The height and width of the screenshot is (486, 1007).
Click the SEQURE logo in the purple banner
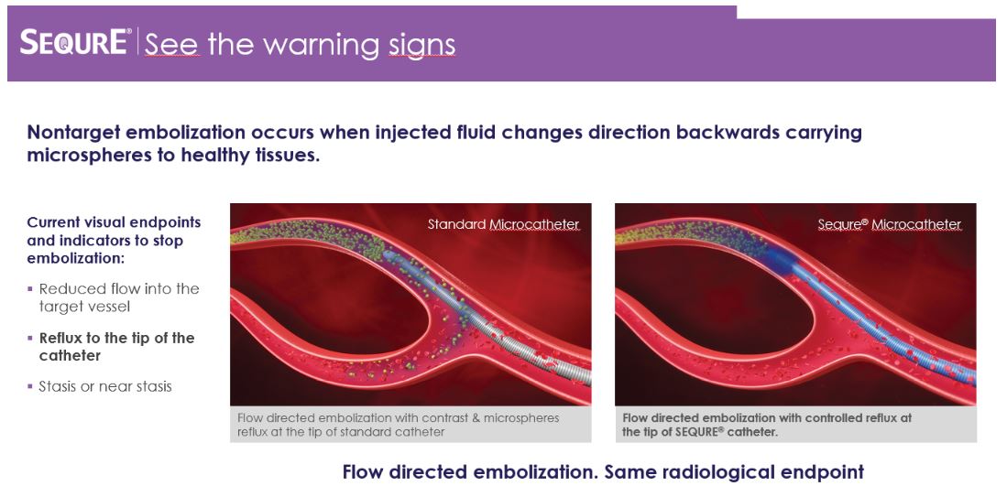pos(75,42)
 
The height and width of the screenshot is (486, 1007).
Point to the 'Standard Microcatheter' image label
pos(504,224)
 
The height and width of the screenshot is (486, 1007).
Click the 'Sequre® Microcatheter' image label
pos(890,224)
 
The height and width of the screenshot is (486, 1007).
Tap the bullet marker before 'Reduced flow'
pos(29,288)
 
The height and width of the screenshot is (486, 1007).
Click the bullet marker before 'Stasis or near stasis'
pos(29,386)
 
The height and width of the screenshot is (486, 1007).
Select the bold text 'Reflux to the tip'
pos(117,338)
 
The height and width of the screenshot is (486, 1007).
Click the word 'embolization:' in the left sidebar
pos(73,259)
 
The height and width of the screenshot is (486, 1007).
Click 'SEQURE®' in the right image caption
pos(700,432)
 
